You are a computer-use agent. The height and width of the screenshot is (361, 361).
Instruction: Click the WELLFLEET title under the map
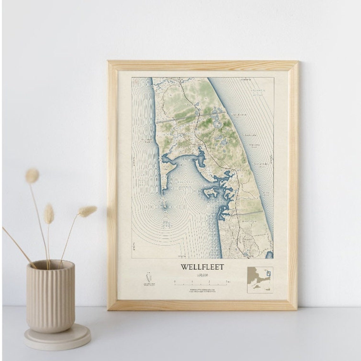pos(202,267)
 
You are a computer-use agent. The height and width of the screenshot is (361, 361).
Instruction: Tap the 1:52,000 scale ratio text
pos(202,275)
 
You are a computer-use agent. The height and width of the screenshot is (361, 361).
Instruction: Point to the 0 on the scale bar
pos(174,281)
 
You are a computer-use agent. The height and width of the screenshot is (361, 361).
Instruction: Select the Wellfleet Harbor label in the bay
pos(180,184)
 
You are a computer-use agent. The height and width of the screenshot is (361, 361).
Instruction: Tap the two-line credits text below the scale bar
pos(202,290)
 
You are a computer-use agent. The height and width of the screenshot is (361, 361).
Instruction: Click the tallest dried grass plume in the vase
pos(32,176)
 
